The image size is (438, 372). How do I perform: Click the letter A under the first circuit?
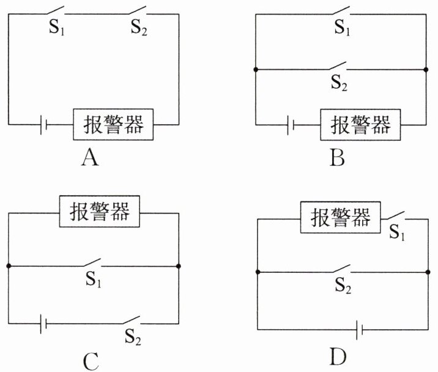pyautogui.click(x=90, y=158)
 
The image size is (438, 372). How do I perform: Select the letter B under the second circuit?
pyautogui.click(x=337, y=158)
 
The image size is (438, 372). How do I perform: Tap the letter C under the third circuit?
pyautogui.click(x=91, y=361)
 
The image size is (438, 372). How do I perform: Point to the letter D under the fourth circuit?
pyautogui.click(x=338, y=356)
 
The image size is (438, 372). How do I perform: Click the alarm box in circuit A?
pyautogui.click(x=113, y=124)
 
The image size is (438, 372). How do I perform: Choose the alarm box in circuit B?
pyautogui.click(x=360, y=125)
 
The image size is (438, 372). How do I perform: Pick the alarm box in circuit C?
pyautogui.click(x=100, y=211)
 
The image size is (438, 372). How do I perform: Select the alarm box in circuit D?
pyautogui.click(x=341, y=217)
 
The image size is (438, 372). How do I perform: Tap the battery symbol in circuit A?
pyautogui.click(x=43, y=125)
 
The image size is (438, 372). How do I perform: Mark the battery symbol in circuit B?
pyautogui.click(x=291, y=125)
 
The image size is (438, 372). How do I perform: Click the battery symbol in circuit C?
pyautogui.click(x=43, y=324)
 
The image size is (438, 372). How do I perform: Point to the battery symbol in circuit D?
pyautogui.click(x=360, y=330)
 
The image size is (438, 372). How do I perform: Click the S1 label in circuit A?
pyautogui.click(x=57, y=28)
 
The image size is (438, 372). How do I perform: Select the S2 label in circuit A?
pyautogui.click(x=139, y=28)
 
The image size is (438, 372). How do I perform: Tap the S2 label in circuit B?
pyautogui.click(x=339, y=83)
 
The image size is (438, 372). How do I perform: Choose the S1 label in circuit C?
pyautogui.click(x=94, y=279)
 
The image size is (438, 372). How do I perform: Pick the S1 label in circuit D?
pyautogui.click(x=397, y=232)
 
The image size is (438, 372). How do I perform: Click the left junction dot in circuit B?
pyautogui.click(x=256, y=69)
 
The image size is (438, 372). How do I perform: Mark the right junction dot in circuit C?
pyautogui.click(x=179, y=266)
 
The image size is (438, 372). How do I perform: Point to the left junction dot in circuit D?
pyautogui.click(x=258, y=272)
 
